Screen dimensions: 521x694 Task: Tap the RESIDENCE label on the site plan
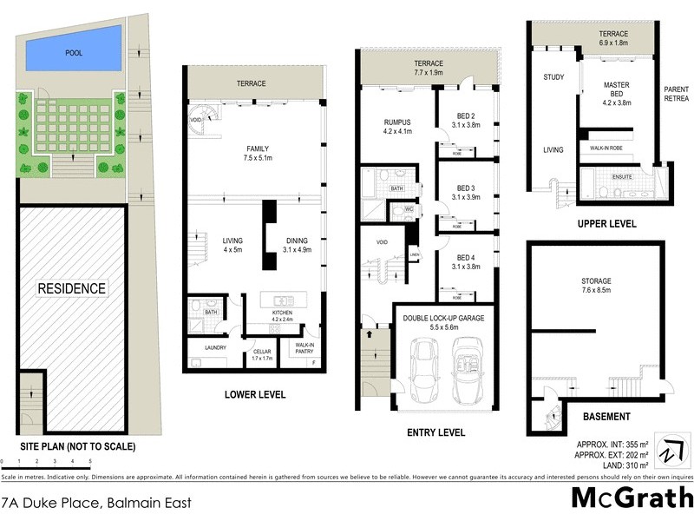(x=71, y=287)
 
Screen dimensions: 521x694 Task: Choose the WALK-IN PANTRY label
(x=304, y=347)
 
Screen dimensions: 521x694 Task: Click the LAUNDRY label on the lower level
(x=215, y=347)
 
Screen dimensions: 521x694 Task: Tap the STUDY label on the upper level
(x=553, y=78)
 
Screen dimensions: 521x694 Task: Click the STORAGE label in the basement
(x=597, y=280)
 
